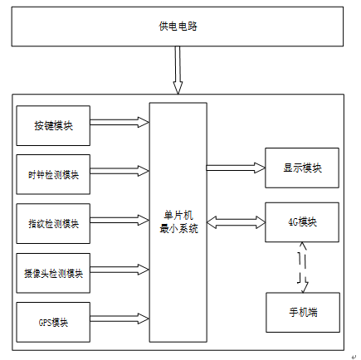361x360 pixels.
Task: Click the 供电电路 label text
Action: coord(178,27)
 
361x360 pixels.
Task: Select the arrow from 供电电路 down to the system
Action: coord(178,71)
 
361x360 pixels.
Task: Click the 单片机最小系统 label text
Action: coord(178,222)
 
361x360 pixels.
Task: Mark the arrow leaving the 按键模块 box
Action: coord(120,122)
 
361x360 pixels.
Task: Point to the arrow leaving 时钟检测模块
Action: coord(120,171)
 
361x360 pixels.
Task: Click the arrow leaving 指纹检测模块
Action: coord(120,221)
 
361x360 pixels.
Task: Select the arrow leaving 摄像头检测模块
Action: coord(120,270)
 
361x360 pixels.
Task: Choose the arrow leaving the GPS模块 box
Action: coord(120,319)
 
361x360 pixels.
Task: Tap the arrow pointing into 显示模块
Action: coord(236,168)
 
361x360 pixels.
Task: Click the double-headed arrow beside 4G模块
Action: coord(236,222)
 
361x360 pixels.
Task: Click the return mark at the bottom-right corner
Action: coord(354,357)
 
